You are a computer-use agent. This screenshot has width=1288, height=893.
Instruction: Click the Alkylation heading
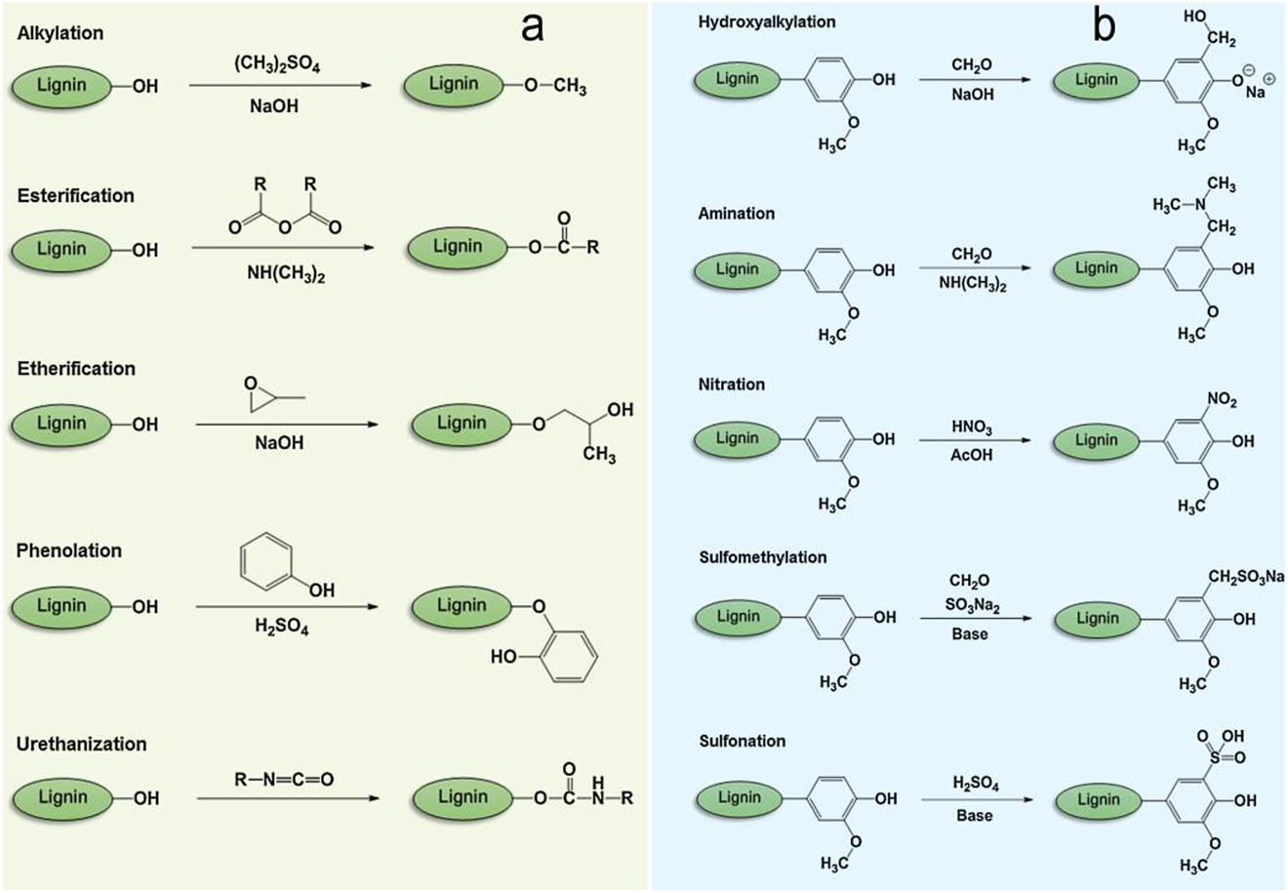[x=60, y=33]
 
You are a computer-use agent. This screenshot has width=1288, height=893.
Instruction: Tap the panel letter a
[x=532, y=28]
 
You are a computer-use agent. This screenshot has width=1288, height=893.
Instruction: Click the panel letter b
[x=1104, y=27]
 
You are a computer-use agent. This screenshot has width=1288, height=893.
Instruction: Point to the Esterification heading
[x=76, y=196]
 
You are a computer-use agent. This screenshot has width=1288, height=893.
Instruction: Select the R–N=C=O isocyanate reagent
[x=284, y=779]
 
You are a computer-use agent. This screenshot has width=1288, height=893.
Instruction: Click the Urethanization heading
[x=81, y=744]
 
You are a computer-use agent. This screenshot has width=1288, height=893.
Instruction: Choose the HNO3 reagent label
[x=972, y=428]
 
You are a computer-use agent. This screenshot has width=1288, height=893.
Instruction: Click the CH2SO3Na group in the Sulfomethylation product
[x=1246, y=578]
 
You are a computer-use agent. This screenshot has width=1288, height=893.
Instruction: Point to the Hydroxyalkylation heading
[x=767, y=21]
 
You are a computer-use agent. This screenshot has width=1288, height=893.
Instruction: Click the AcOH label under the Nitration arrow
[x=972, y=455]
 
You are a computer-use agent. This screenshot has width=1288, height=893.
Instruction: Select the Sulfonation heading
[x=742, y=741]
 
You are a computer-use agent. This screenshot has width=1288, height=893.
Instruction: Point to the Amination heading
[x=736, y=213]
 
